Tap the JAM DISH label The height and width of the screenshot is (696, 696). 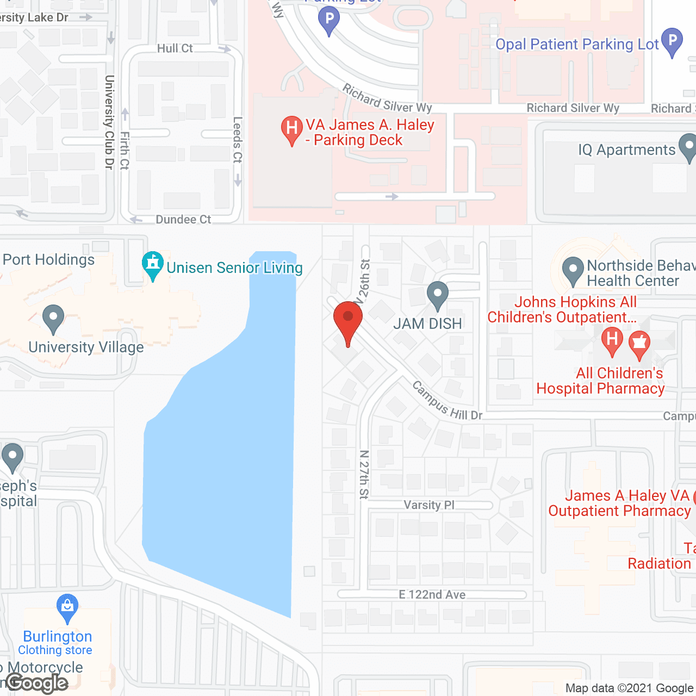pos(427,324)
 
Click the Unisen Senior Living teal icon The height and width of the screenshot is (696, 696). pos(153,265)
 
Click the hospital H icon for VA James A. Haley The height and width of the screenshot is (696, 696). pos(291,130)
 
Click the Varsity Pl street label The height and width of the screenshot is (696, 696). pos(429,505)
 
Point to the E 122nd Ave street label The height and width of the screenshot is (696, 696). pos(432,594)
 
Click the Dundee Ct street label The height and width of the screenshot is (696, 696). pos(183,220)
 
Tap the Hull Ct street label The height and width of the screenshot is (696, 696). pos(175,48)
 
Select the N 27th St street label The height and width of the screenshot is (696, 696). pos(364,474)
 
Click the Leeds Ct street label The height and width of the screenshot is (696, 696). pos(237,140)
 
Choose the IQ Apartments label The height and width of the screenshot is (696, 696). pos(626,150)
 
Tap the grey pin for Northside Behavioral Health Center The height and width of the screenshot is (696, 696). pos(573,270)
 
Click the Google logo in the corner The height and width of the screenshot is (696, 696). pos(38,683)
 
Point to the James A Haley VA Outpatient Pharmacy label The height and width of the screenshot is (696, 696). pos(620,504)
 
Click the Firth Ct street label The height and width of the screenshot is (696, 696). pos(125,150)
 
